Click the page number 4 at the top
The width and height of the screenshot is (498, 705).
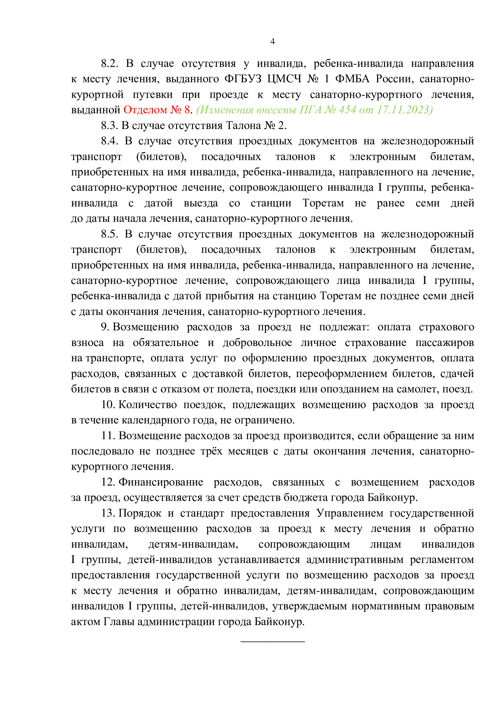click(272, 42)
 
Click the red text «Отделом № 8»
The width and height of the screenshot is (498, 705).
click(157, 110)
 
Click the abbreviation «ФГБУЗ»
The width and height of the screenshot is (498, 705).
click(243, 79)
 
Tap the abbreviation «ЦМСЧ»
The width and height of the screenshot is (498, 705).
click(284, 79)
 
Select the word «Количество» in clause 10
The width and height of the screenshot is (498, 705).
click(148, 405)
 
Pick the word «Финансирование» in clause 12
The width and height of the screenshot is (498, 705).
click(161, 482)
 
